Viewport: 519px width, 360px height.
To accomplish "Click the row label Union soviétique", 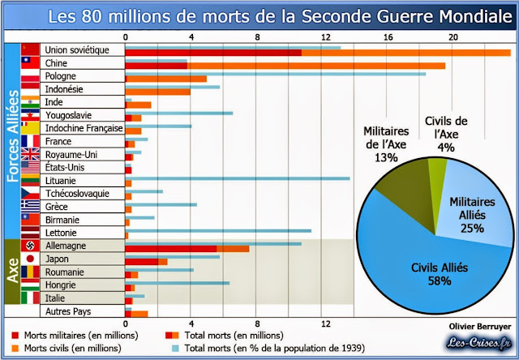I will [x=76, y=50].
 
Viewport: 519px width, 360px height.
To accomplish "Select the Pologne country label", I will [x=62, y=76].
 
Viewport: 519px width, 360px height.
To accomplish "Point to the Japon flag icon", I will [x=30, y=259].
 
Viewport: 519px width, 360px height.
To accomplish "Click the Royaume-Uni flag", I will [x=30, y=154].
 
